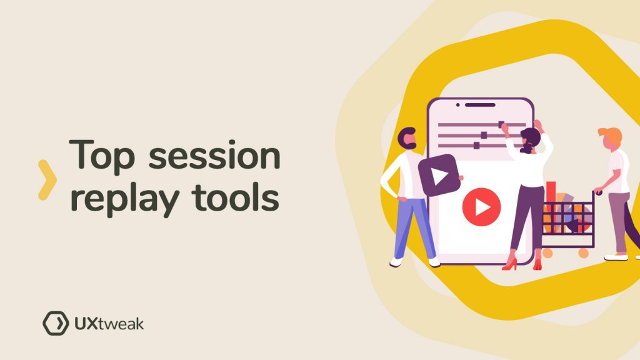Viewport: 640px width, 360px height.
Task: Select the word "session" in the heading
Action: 214,155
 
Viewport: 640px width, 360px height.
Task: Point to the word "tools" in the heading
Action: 236,197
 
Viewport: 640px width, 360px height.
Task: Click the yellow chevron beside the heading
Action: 47,180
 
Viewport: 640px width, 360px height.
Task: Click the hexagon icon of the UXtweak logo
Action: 56,323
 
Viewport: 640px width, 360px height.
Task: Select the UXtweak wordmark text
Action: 109,324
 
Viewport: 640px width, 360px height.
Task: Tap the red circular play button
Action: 482,207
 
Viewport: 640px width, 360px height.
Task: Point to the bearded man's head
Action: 407,139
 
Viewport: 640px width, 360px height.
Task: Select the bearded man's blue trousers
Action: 413,228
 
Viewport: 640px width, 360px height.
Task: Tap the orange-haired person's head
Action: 610,138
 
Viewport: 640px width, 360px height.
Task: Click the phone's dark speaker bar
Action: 480,105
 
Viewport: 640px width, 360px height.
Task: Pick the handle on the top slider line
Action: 501,124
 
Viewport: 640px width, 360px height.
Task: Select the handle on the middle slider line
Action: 484,135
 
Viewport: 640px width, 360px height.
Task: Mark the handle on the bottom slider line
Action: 476,145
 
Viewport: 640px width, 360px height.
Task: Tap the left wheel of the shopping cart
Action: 547,253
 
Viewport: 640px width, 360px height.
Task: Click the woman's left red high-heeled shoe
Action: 509,264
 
